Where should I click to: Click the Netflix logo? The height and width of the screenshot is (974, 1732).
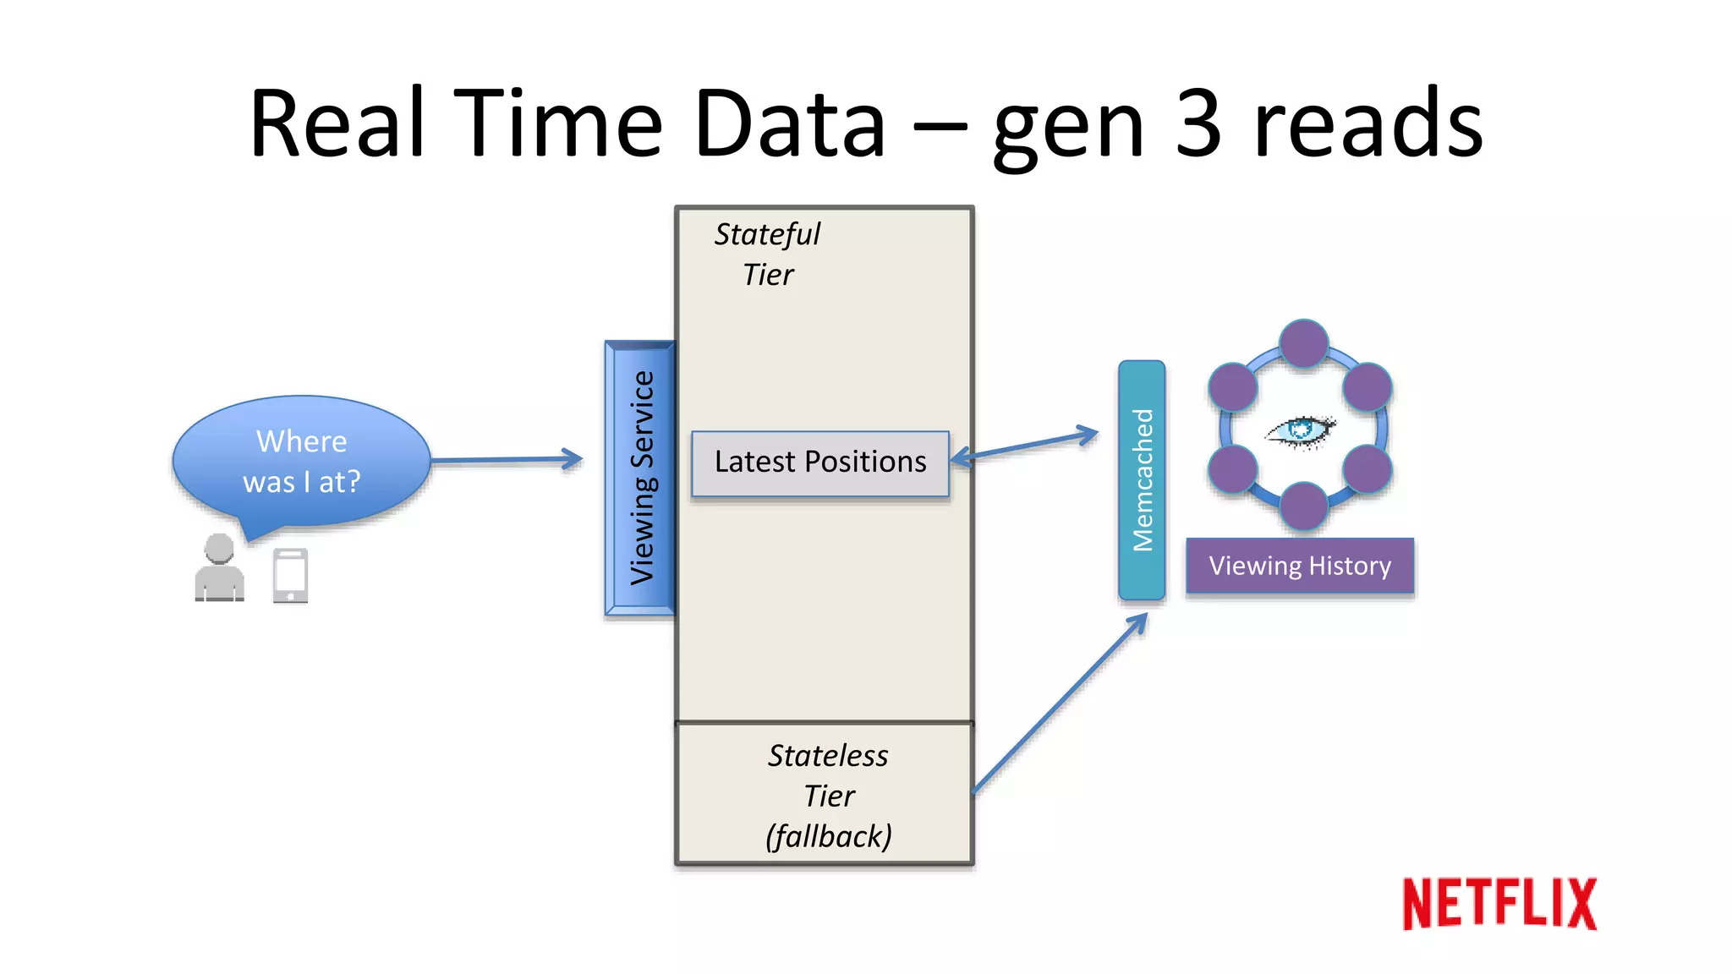point(1499,904)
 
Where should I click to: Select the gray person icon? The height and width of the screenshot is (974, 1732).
point(219,568)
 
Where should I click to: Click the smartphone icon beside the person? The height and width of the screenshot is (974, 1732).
point(290,576)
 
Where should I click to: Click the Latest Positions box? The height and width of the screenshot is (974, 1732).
point(819,462)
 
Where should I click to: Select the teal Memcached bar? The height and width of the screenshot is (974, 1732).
point(1142,480)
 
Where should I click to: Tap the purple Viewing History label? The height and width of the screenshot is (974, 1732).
point(1299,566)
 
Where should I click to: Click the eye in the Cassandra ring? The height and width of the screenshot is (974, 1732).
point(1301,430)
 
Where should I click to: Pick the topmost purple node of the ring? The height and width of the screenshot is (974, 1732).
point(1303,343)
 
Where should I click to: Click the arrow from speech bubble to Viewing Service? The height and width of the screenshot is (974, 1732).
point(507,460)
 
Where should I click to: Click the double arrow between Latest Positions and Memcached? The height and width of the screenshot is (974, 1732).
point(1025,446)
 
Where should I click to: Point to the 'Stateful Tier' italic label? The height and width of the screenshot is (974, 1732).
point(767,254)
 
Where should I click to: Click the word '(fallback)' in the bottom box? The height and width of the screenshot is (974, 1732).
point(828,836)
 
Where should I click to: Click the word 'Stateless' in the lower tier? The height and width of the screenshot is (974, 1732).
point(828,755)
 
